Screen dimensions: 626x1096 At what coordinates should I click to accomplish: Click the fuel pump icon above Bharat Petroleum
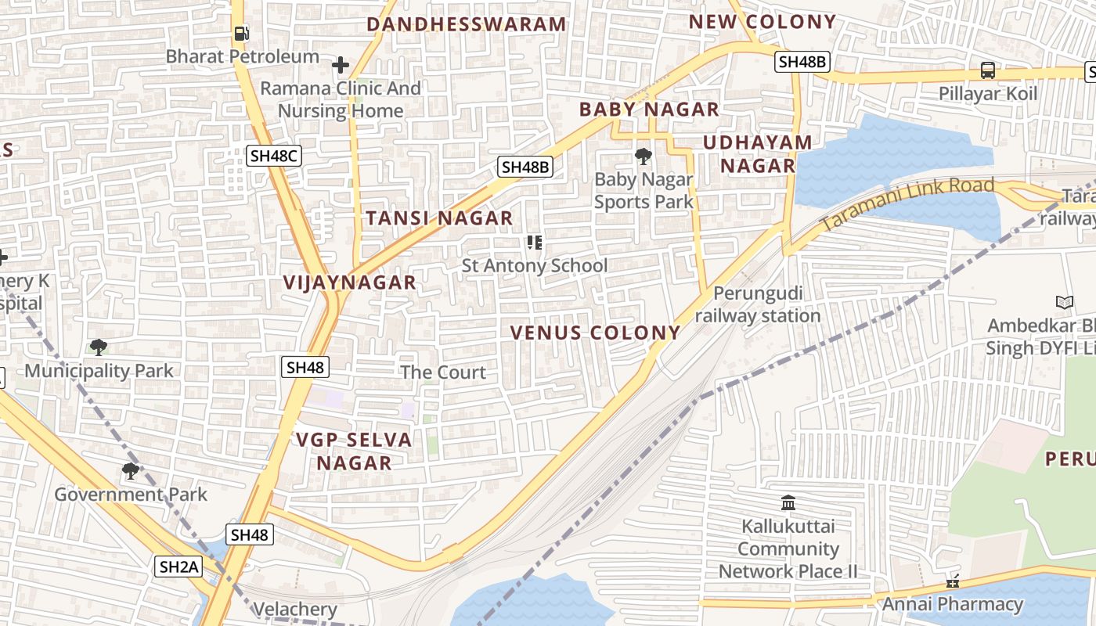[242, 34]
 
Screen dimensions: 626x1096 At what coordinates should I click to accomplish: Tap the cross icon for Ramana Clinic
[341, 65]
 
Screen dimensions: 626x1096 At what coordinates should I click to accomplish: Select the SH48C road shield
[274, 156]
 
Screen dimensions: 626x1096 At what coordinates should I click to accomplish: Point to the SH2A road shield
[179, 567]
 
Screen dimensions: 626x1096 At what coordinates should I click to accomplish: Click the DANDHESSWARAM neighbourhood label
[467, 24]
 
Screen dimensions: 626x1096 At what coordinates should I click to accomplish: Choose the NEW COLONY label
[763, 22]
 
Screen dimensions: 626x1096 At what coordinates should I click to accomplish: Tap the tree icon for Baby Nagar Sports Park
[644, 156]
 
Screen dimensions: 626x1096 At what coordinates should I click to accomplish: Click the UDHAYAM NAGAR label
[758, 154]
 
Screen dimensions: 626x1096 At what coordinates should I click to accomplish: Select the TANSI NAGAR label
[440, 218]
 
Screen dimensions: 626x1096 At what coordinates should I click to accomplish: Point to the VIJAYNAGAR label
[350, 282]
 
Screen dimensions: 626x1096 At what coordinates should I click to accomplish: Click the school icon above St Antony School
[535, 243]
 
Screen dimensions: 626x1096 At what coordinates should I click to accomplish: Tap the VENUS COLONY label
[595, 333]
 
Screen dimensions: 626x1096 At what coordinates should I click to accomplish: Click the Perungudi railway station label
[758, 304]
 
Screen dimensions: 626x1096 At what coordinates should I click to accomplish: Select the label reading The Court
[443, 372]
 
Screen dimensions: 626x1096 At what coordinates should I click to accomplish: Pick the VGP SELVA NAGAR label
[355, 451]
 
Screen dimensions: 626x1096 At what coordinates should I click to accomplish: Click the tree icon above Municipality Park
[99, 347]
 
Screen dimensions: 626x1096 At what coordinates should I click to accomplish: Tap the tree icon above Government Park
[131, 471]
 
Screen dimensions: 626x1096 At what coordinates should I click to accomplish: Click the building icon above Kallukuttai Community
[788, 502]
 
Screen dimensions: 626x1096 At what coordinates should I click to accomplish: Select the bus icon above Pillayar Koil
[988, 70]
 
